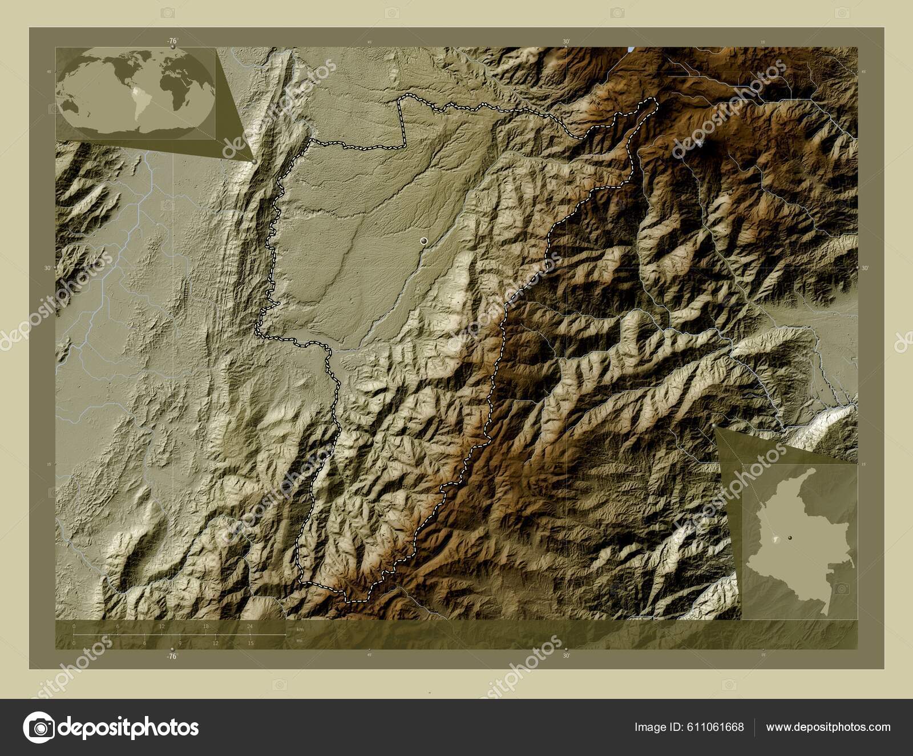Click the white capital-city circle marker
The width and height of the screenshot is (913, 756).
click(x=423, y=242)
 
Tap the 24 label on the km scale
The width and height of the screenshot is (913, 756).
click(x=250, y=626)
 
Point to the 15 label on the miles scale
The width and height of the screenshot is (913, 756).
click(x=251, y=644)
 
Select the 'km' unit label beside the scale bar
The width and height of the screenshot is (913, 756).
click(x=300, y=629)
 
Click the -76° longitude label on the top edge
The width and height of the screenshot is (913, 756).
click(x=172, y=41)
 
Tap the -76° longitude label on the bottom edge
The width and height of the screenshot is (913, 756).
click(x=172, y=657)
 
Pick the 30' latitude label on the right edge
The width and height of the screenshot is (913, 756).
click(x=864, y=268)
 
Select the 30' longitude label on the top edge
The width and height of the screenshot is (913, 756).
click(x=566, y=41)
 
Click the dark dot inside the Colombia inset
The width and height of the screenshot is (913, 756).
click(x=790, y=538)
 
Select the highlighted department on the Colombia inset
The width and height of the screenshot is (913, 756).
click(x=775, y=539)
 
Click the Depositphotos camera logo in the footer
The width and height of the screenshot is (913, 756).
click(x=38, y=727)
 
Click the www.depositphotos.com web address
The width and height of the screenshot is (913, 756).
click(x=828, y=727)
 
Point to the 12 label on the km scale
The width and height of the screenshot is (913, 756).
click(x=162, y=626)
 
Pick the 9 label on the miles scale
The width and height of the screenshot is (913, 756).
click(x=180, y=644)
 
